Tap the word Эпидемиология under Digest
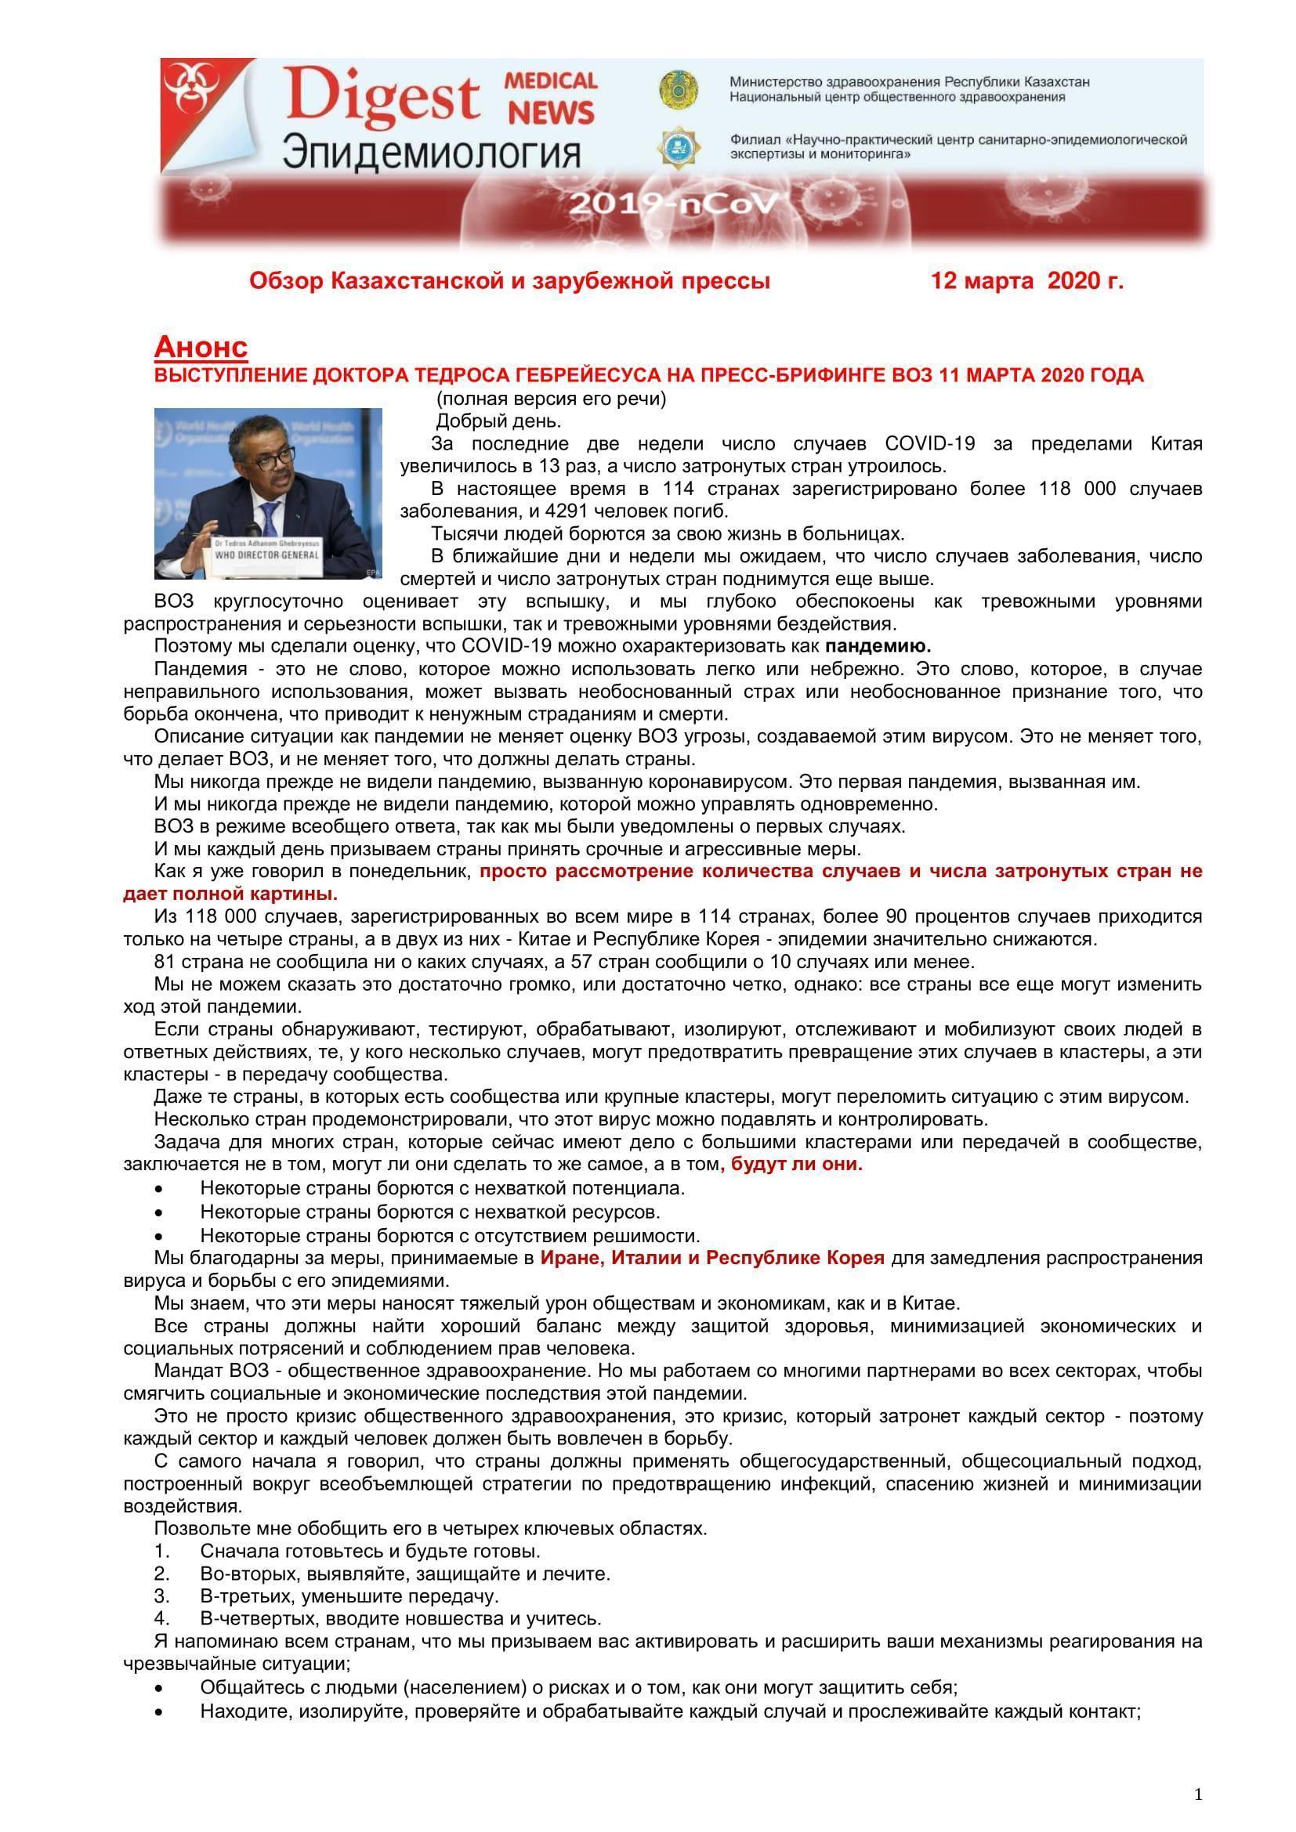(x=432, y=151)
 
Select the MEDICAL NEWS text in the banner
(x=551, y=97)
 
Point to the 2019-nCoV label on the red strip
(x=673, y=206)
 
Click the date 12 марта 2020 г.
(x=1027, y=281)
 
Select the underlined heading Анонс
(x=201, y=347)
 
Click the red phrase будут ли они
(x=796, y=1163)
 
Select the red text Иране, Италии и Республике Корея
(x=711, y=1259)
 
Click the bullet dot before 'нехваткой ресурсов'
(x=161, y=1213)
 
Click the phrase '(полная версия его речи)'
(x=551, y=398)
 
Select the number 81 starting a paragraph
(x=165, y=962)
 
